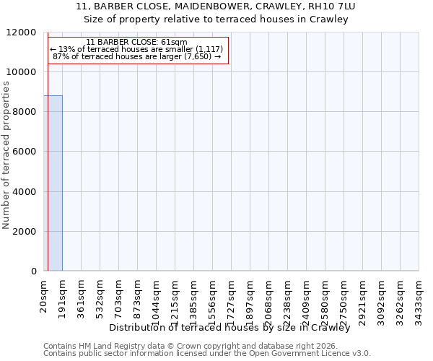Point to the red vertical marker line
pos(48,152)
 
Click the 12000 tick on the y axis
pos(22,32)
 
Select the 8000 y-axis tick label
pos(25,112)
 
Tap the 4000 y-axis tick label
pos(25,192)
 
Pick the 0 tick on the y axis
pos(34,271)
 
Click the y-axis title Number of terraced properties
pos(6,155)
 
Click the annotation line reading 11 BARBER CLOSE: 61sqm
pos(136,43)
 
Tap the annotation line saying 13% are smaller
pos(136,49)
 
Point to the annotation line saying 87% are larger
pos(136,56)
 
